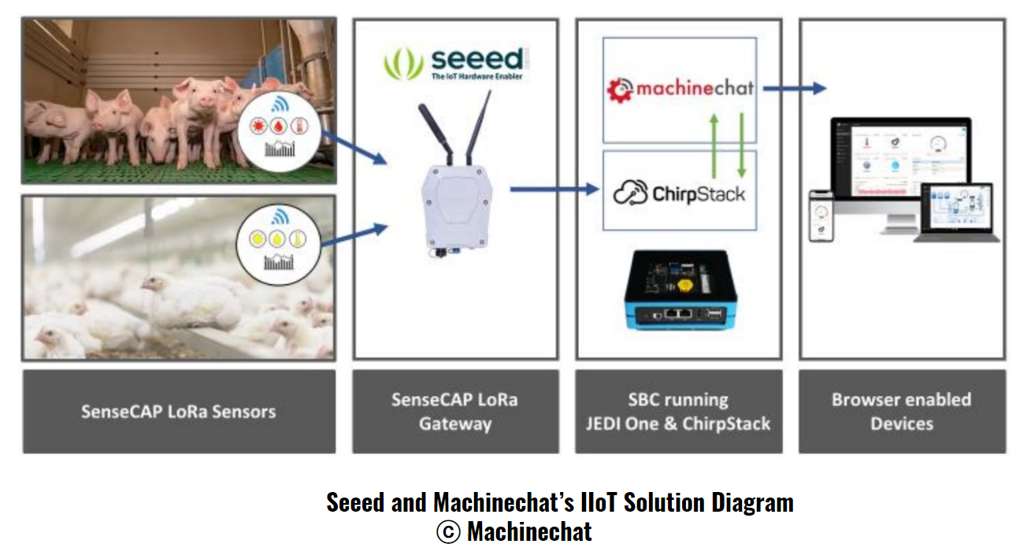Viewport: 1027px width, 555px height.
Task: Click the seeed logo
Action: (454, 63)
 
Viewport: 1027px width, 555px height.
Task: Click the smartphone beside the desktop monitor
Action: (821, 217)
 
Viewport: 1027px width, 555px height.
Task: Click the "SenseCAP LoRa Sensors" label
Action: (179, 411)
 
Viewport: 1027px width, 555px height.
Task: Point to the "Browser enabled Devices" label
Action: (902, 411)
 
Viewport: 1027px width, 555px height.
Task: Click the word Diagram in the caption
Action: (752, 502)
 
